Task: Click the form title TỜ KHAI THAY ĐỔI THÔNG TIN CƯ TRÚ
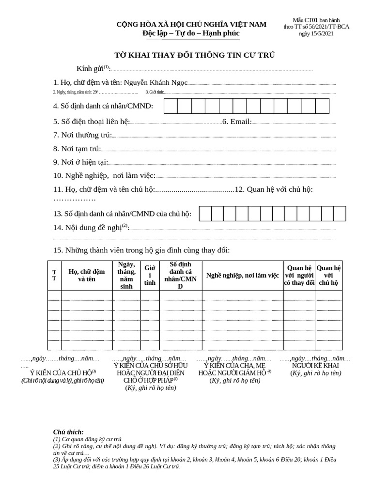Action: (194, 55)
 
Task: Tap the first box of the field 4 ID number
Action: (170, 106)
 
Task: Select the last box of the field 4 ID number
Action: (322, 106)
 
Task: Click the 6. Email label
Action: (237, 121)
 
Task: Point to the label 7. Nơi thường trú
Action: (82, 135)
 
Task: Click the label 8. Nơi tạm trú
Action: (77, 148)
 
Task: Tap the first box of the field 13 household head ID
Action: (205, 214)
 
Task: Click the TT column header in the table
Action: (54, 276)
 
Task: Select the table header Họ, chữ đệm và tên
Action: (87, 276)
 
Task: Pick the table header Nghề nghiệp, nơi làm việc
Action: (242, 276)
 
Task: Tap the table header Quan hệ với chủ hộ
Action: (328, 276)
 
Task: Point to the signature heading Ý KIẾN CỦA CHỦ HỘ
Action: (63, 372)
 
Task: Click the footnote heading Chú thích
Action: (68, 432)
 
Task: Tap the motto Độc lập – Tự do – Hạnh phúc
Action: (191, 33)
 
